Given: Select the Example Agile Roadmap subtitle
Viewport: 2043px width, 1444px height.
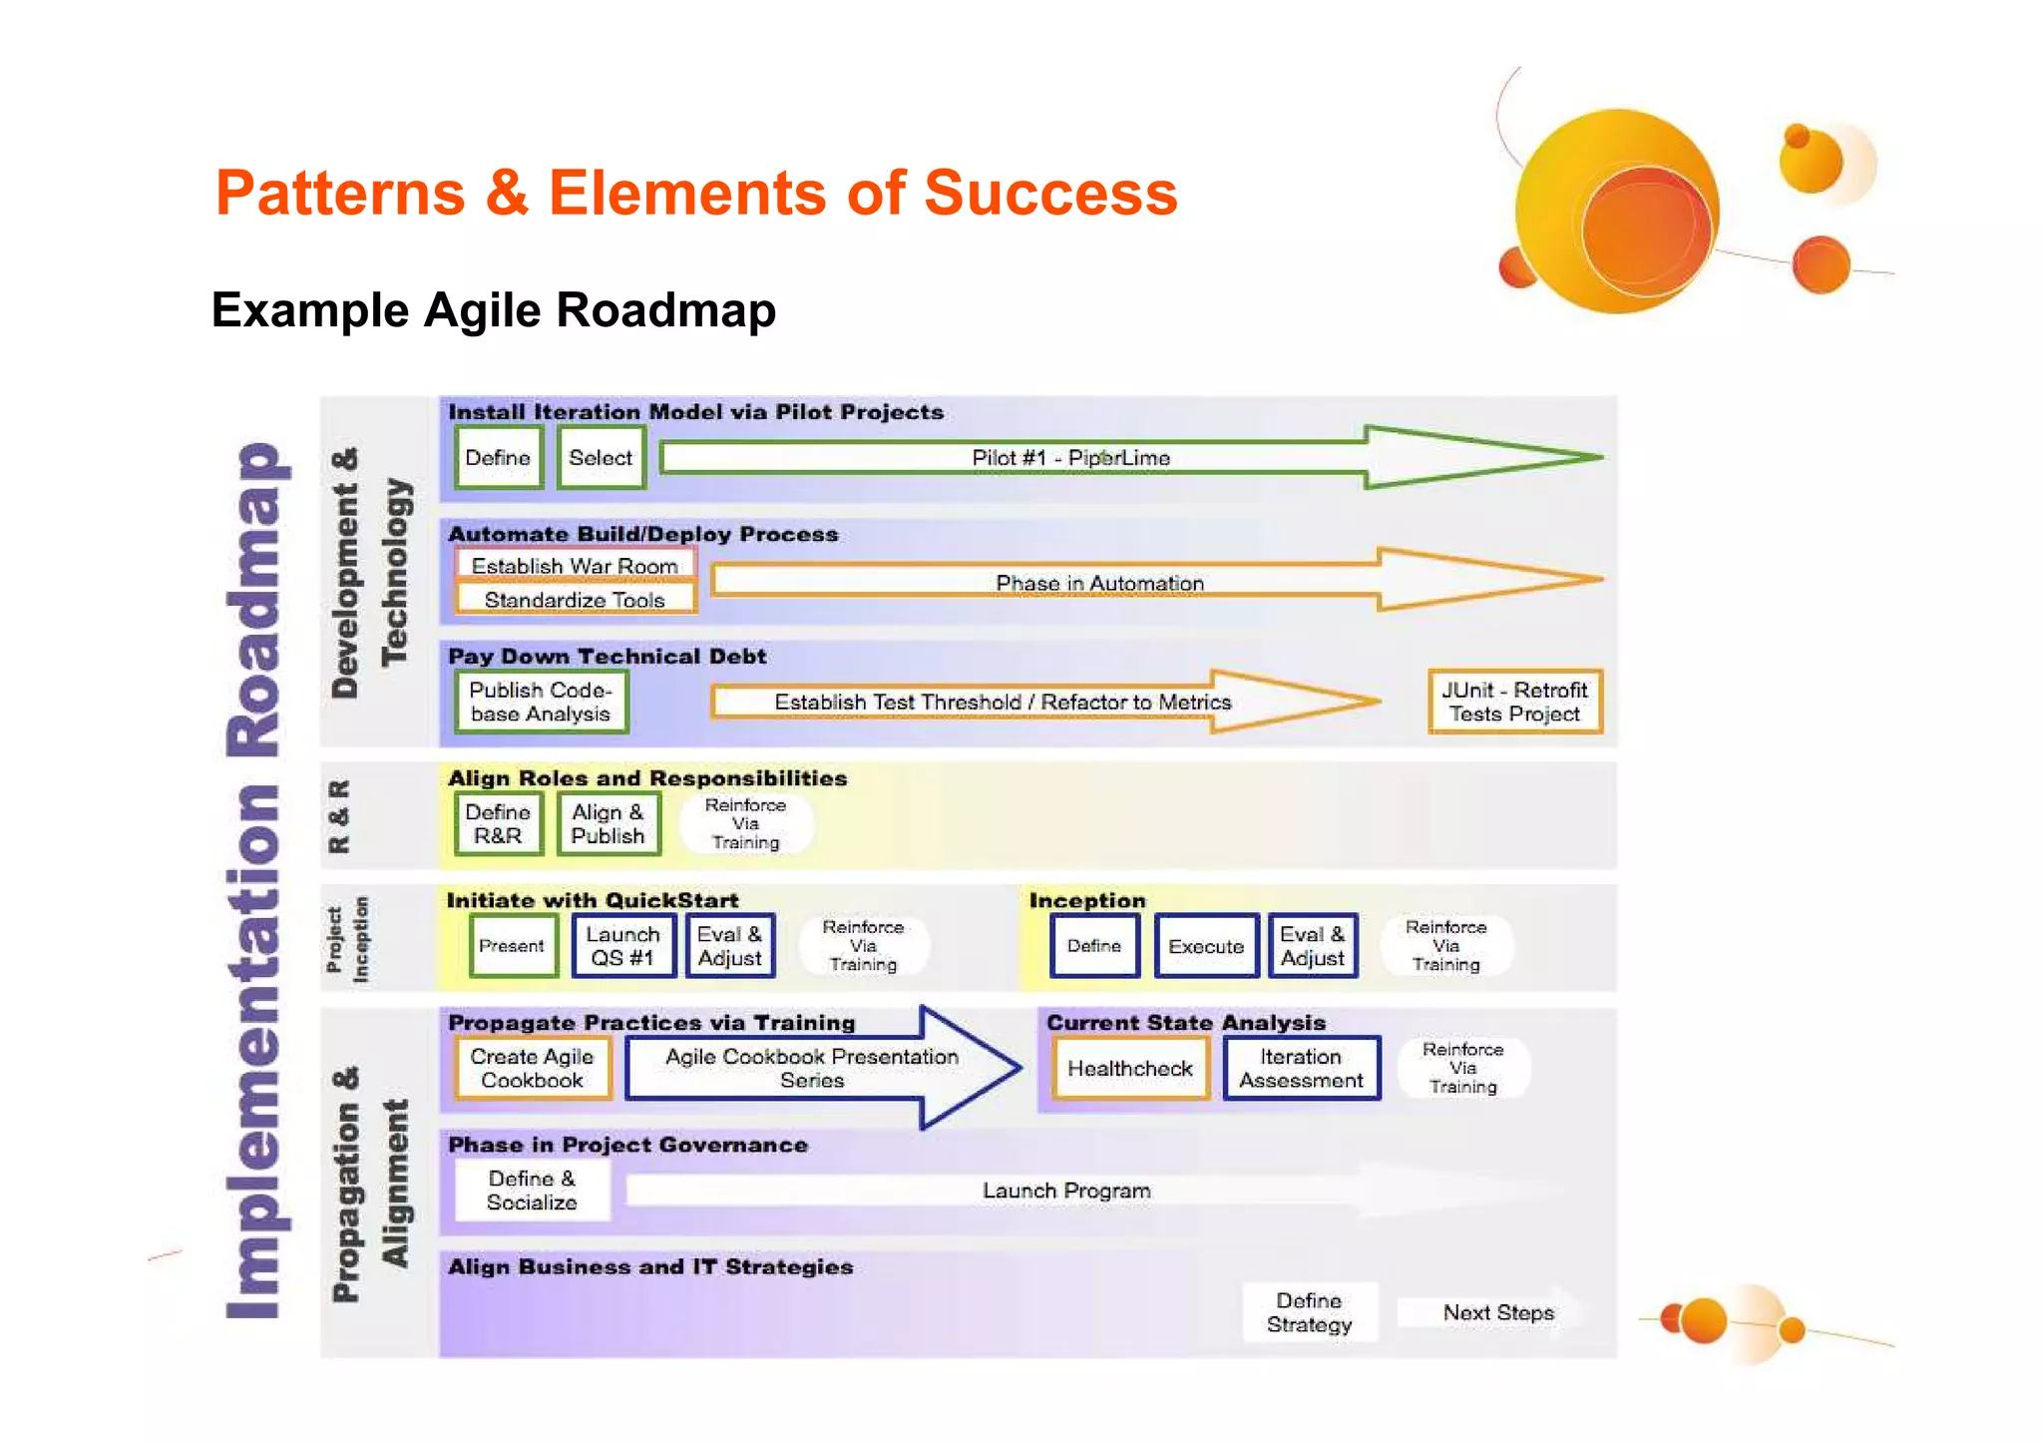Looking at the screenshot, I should [493, 309].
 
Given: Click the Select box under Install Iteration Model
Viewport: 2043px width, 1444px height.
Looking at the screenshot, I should [601, 457].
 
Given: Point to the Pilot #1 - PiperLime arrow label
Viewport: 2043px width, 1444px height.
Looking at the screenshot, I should [1070, 457].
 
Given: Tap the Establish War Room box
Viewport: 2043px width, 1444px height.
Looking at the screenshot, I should [575, 565].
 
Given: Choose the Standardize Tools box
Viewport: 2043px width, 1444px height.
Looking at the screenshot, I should [575, 599].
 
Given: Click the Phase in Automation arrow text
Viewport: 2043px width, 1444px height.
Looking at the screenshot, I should [1099, 582].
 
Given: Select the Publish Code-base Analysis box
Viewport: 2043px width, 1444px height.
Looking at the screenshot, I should [541, 702].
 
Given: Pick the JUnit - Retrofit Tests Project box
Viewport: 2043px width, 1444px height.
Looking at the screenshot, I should [1514, 702].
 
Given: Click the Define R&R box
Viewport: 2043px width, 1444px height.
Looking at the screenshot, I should [498, 823].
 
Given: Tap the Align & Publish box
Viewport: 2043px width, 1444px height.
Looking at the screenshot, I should [608, 823].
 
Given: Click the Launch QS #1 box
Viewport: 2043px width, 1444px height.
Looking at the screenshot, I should [622, 945].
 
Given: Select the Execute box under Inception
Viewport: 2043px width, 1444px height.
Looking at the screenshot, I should [1206, 945].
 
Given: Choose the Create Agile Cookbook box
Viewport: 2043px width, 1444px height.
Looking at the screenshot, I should [532, 1068].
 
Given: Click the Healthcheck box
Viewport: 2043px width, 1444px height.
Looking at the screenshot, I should [1129, 1068].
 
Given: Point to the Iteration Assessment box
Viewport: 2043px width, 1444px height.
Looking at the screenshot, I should [1301, 1068].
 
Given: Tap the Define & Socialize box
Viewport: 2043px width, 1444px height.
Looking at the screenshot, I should [532, 1190].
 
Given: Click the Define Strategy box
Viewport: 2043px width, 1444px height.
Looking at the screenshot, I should [1309, 1312].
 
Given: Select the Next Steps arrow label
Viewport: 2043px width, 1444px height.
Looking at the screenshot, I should [1498, 1312].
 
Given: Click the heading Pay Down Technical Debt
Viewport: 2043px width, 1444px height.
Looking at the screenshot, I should [607, 656].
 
